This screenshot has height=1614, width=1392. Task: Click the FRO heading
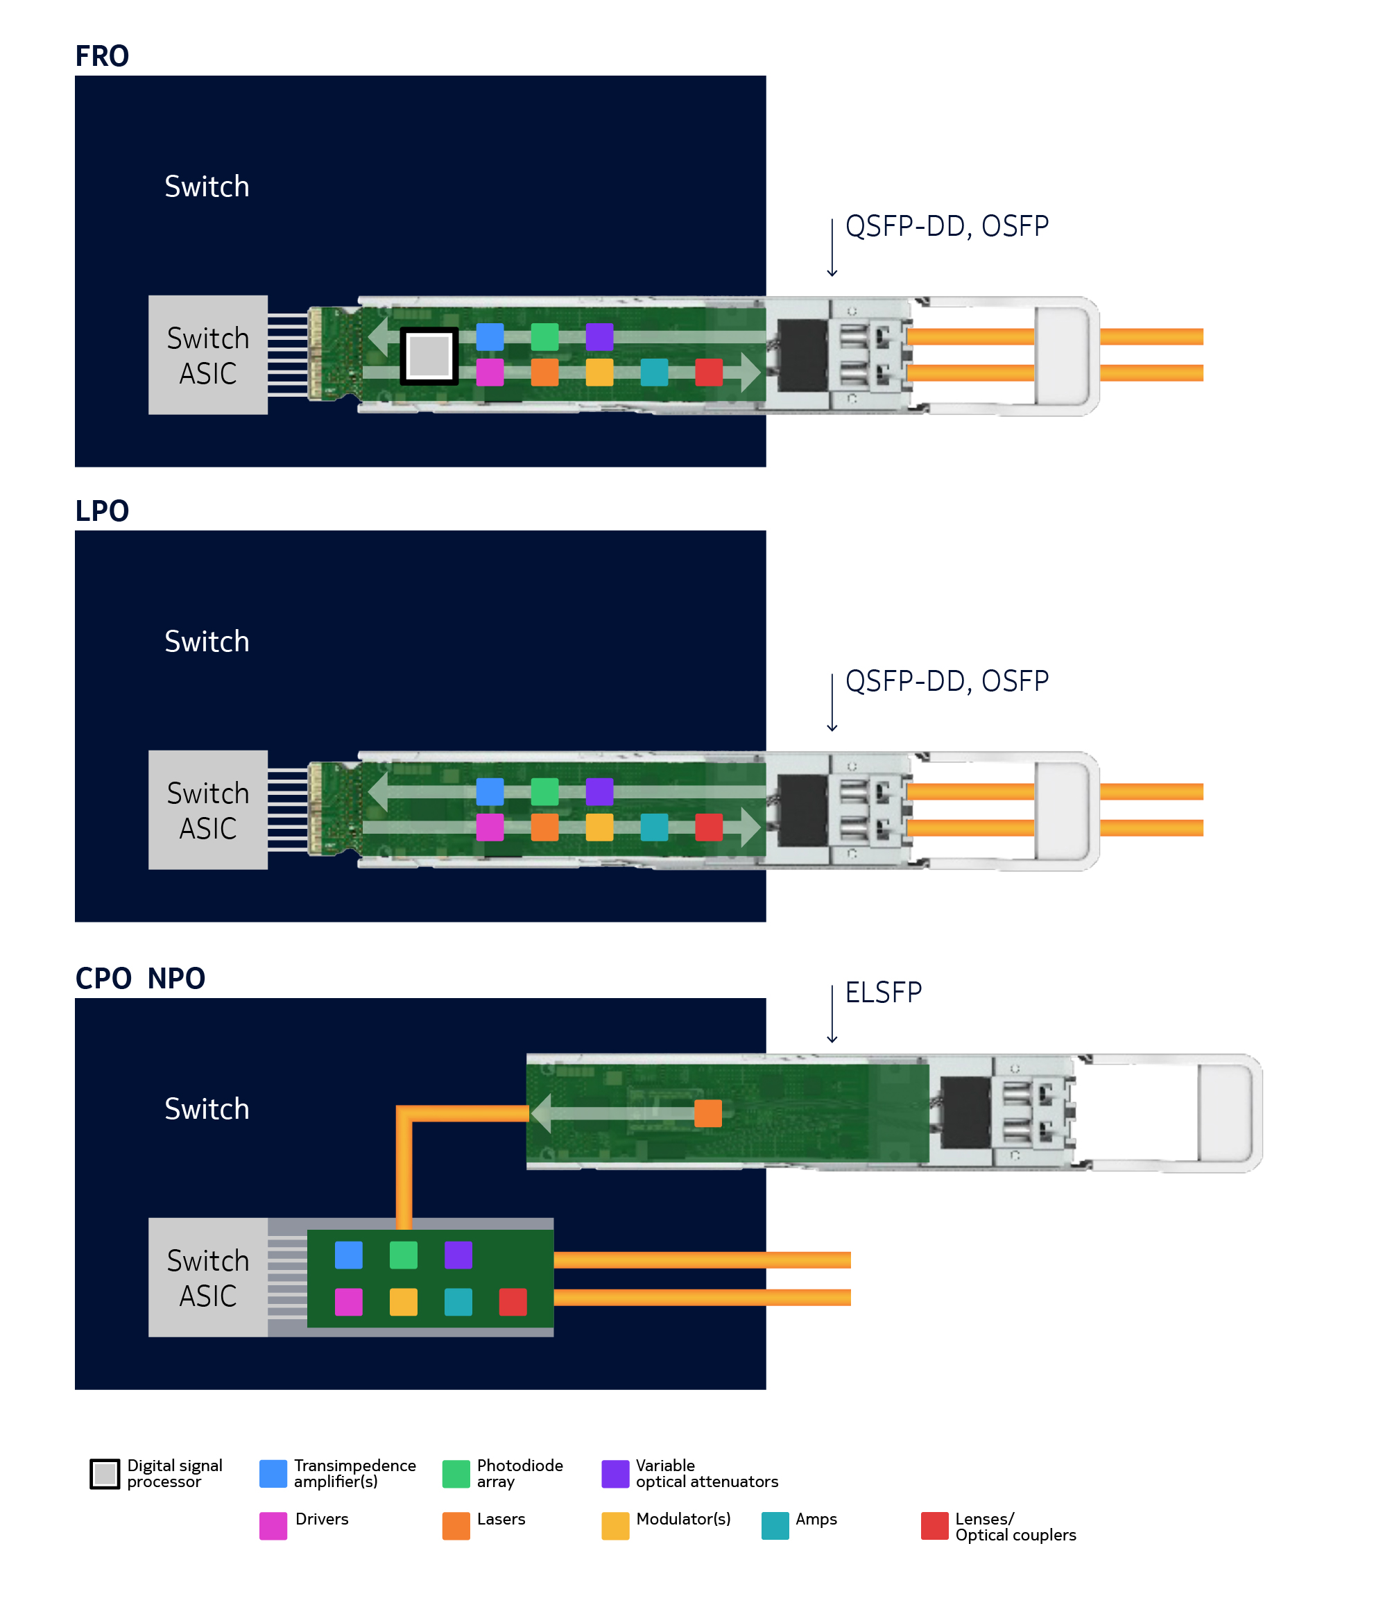(101, 56)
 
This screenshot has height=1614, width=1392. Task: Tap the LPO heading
(101, 511)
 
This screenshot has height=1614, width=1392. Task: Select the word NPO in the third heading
(176, 979)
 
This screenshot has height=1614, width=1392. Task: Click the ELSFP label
(884, 993)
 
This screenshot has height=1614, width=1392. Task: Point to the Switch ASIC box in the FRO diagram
(208, 355)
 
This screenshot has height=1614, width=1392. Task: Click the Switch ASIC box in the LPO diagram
(208, 810)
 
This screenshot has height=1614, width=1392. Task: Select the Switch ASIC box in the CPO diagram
(208, 1278)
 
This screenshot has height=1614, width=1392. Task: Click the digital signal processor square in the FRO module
(429, 356)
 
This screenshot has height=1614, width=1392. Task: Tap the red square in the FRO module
(709, 372)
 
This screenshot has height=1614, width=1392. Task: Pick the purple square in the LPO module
(599, 791)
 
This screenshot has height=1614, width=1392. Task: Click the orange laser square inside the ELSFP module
(708, 1113)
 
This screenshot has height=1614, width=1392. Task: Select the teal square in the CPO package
(458, 1302)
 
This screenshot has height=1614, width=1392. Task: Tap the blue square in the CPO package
(348, 1255)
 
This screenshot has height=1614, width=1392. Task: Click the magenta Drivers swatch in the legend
(273, 1526)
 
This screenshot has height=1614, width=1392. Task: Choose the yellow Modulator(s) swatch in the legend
(615, 1526)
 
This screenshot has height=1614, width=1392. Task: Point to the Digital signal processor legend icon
(105, 1474)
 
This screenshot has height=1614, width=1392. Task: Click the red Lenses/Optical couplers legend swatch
(935, 1526)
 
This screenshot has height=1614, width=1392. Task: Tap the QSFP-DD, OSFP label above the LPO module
(947, 681)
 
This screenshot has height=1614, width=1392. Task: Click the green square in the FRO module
(544, 336)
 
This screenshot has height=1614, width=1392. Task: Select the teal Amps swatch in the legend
(775, 1526)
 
